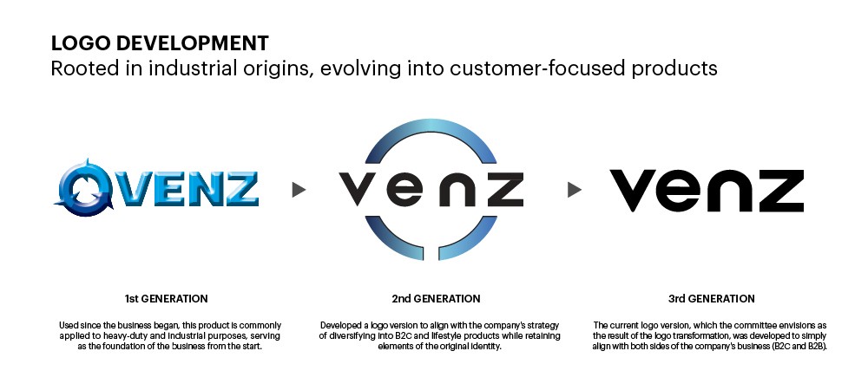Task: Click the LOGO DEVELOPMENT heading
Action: [160, 43]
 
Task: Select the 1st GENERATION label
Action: [166, 299]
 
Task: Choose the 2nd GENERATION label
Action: [436, 299]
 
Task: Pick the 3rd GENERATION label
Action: [712, 299]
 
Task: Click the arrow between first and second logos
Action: [299, 190]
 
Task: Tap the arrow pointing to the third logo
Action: [574, 190]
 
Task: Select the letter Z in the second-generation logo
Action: [505, 189]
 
